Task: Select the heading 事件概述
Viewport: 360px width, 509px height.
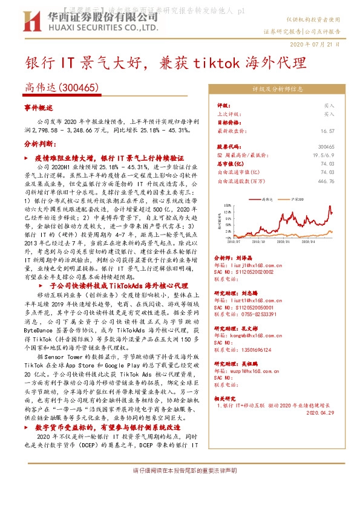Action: tap(39, 107)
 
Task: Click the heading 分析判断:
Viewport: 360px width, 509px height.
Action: tap(40, 145)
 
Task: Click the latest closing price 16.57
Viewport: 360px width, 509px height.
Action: tap(328, 131)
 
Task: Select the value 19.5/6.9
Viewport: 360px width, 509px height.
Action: tap(324, 155)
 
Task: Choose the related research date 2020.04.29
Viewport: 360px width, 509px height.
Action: tap(320, 413)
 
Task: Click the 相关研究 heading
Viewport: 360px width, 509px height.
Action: tap(228, 400)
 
